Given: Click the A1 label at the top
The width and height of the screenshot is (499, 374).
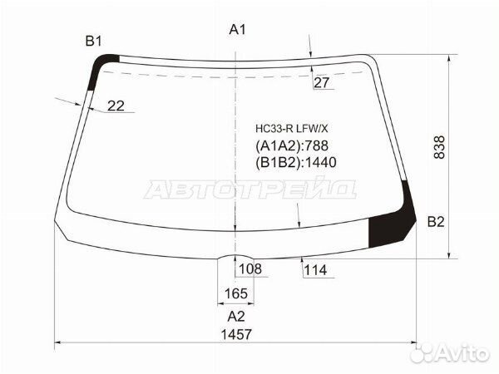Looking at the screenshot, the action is click(237, 30).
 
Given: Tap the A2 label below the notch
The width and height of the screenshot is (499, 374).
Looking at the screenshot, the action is click(236, 317).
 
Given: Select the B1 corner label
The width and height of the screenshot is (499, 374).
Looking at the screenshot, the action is click(93, 42).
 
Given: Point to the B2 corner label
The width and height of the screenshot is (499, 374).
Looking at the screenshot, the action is click(436, 222).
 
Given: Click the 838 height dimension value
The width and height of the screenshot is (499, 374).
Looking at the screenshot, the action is click(439, 147).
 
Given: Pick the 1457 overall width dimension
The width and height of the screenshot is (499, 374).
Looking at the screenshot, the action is click(236, 334).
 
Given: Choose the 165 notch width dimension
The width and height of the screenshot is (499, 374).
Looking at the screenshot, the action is click(236, 293).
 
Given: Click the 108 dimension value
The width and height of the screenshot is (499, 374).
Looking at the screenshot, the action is click(250, 268).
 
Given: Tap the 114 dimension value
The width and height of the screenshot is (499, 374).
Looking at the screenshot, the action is click(315, 270).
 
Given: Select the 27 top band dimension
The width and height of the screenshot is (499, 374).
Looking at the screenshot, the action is click(321, 82).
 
